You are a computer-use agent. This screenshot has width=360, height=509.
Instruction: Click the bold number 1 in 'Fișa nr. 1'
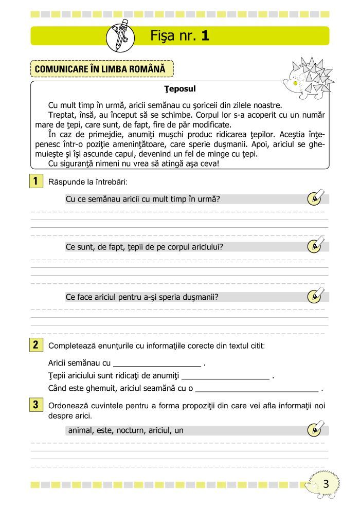205,35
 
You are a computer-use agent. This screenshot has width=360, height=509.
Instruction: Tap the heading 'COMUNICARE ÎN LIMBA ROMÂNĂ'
102,68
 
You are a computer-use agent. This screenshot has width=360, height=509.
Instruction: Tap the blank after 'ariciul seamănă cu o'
257,389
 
